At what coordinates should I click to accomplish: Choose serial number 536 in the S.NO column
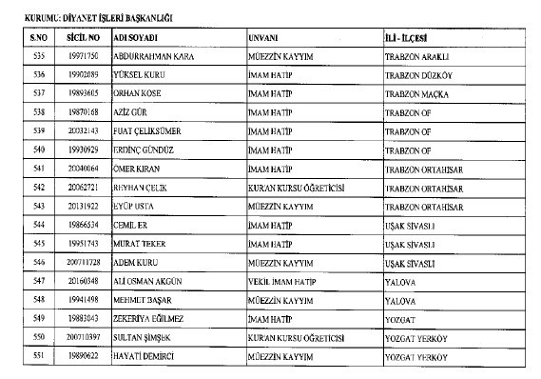pos(38,74)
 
